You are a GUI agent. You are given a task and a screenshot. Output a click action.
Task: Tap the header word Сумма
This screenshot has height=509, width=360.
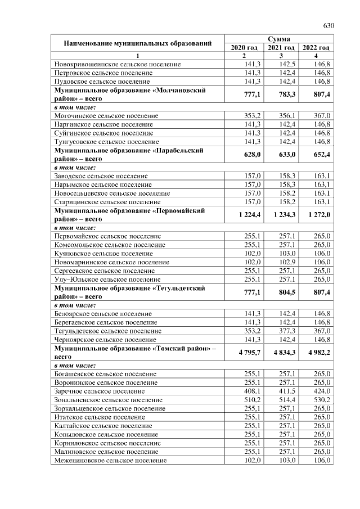click(279, 39)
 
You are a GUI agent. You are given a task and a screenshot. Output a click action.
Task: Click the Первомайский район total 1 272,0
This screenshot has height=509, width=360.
click(316, 215)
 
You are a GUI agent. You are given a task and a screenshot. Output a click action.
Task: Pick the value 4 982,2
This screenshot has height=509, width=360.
click(316, 352)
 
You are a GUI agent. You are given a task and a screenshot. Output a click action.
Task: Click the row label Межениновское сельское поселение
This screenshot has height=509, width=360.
click(110, 460)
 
